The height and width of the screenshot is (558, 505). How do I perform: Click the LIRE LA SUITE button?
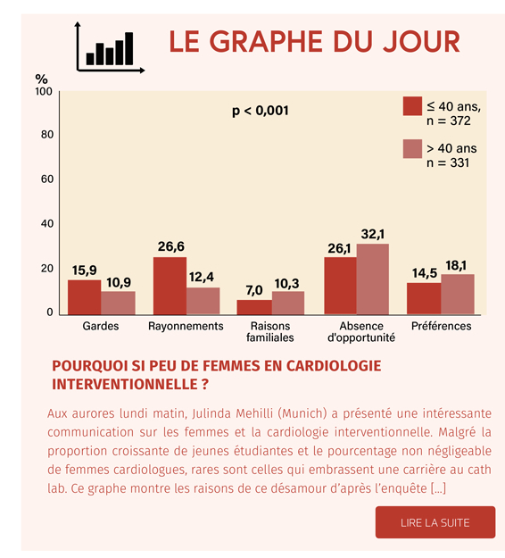(x=435, y=522)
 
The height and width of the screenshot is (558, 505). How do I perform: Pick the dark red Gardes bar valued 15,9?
(x=84, y=297)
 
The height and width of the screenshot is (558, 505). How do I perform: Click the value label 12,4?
(x=202, y=277)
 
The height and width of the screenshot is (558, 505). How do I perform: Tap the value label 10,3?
(x=286, y=284)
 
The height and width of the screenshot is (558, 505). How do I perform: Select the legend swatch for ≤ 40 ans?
(x=412, y=106)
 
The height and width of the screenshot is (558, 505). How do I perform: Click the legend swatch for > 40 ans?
(x=412, y=149)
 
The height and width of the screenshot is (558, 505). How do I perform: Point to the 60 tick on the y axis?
(x=47, y=179)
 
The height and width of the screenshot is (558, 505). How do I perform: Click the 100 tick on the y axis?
(x=44, y=91)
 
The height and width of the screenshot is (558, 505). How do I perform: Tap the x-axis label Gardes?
(x=101, y=326)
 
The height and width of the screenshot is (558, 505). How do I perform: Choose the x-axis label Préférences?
(x=441, y=326)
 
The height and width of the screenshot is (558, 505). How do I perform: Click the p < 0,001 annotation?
(x=261, y=111)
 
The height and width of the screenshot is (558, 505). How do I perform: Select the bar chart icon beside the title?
(x=110, y=47)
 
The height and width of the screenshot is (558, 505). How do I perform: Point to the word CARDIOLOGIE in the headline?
(x=334, y=366)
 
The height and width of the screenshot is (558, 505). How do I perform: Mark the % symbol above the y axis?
(x=41, y=79)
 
